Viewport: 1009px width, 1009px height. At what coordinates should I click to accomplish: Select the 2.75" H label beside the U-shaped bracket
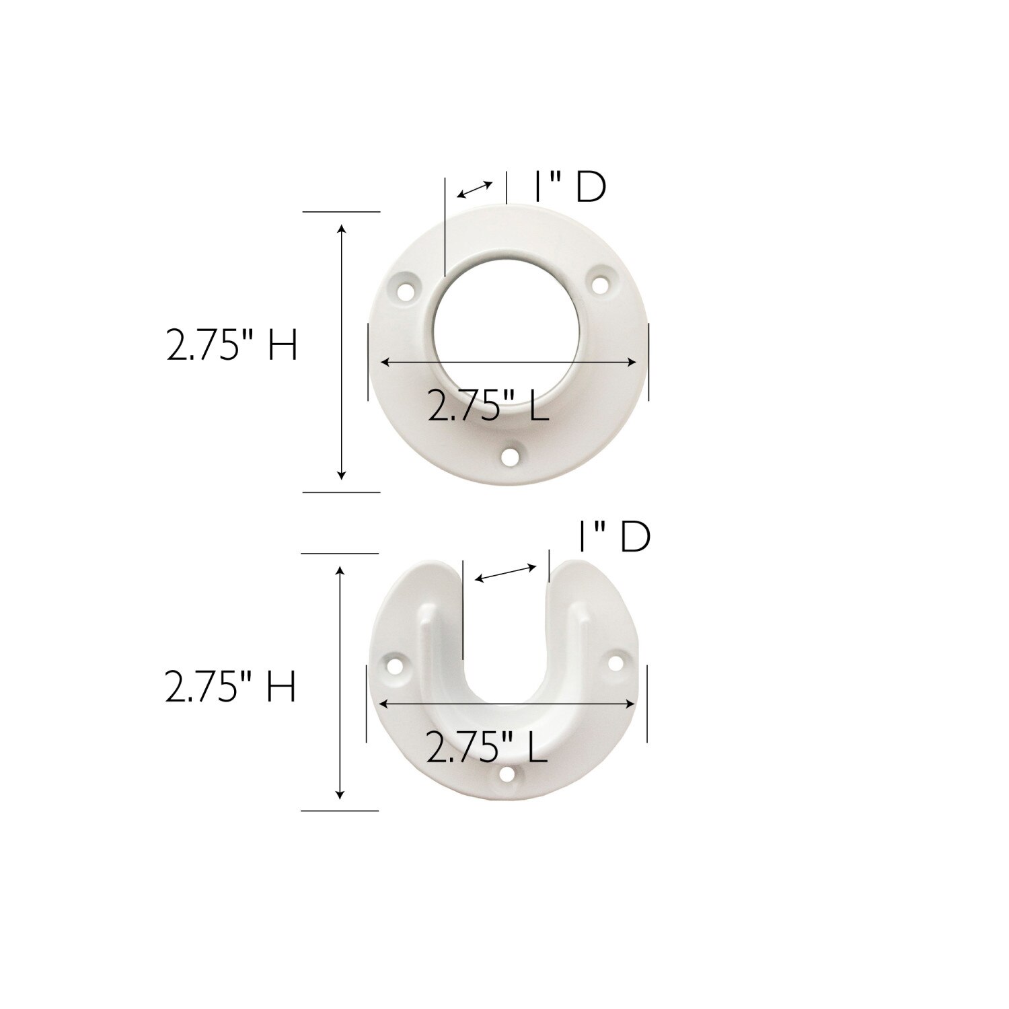[231, 688]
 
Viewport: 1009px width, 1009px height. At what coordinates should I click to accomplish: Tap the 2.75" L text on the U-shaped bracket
[486, 747]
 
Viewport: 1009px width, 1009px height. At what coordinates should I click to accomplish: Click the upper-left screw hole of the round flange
[407, 292]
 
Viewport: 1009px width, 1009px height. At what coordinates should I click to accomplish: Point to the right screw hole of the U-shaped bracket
[615, 663]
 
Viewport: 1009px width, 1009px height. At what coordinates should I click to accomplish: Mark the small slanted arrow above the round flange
[475, 190]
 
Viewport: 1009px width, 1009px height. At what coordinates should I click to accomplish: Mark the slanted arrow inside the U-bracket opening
[507, 574]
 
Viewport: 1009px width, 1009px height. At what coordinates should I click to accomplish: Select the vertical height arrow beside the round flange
[342, 352]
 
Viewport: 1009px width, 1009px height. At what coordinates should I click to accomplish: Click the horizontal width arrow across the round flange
[509, 363]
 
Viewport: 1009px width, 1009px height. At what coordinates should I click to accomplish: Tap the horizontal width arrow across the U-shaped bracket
[507, 704]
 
